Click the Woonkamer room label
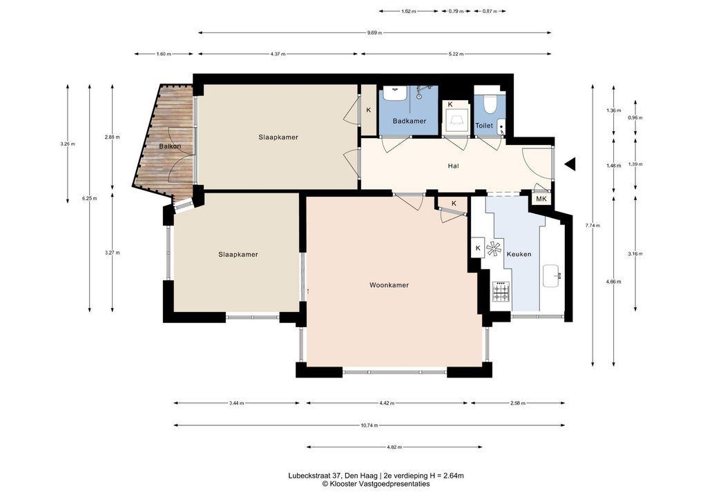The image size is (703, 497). click(389, 285)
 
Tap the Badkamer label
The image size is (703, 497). click(410, 121)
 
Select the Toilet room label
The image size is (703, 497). click(484, 126)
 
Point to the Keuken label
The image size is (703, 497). click(519, 254)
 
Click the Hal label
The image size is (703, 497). click(453, 166)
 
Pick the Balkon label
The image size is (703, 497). click(170, 146)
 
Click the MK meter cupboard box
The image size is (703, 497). click(541, 199)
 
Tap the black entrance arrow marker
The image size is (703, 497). click(570, 164)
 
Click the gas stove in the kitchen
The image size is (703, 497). click(501, 291)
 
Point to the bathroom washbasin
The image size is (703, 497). click(396, 94)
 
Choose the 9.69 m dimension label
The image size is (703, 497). click(374, 32)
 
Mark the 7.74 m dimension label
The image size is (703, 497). click(593, 226)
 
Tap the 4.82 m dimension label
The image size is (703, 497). click(394, 447)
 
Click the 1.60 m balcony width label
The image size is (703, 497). click(164, 54)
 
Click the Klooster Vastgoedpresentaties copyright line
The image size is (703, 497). click(376, 484)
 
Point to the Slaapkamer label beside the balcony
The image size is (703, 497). click(278, 137)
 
